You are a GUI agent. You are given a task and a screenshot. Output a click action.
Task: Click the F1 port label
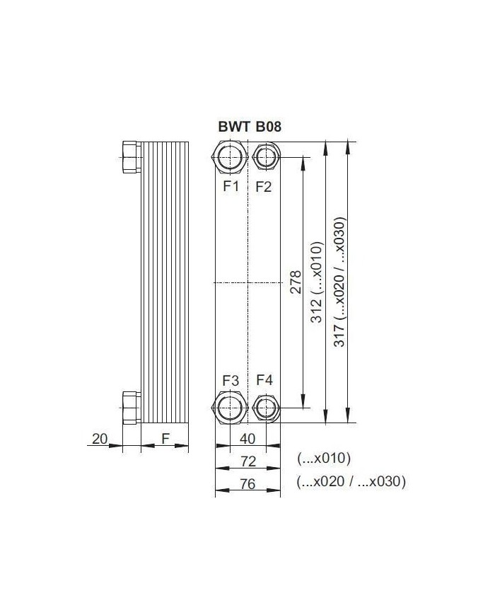click(231, 187)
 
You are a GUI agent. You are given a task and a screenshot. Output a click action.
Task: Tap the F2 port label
click(264, 187)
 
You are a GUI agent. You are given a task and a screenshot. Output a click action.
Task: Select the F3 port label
click(231, 381)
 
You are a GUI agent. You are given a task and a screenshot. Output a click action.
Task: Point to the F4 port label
click(264, 381)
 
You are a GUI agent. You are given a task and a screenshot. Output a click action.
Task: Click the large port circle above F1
click(231, 157)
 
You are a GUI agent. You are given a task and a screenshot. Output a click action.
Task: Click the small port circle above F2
click(265, 156)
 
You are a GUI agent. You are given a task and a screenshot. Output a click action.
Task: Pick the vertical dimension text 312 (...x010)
click(318, 283)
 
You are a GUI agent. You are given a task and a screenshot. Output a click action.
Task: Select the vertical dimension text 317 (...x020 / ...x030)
click(340, 282)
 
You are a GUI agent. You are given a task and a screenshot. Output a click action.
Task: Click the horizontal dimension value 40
click(247, 439)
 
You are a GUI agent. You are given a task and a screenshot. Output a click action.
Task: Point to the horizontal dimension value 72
click(247, 461)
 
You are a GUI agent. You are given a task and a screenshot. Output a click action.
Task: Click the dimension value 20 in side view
click(99, 439)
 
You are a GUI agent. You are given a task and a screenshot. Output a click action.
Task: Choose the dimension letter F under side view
click(165, 439)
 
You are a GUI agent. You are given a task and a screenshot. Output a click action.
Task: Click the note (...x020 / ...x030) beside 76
click(351, 482)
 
